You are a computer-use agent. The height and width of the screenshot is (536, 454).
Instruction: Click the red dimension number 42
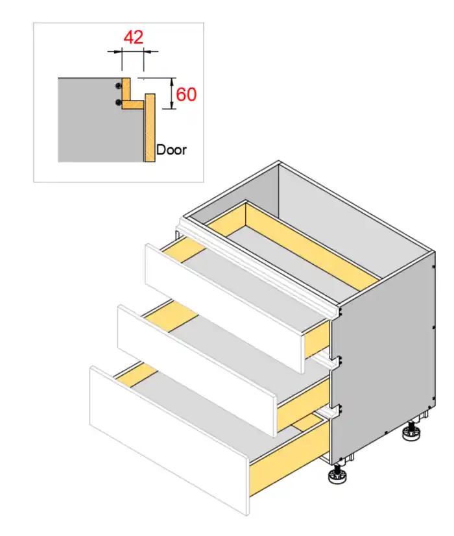[x=133, y=37]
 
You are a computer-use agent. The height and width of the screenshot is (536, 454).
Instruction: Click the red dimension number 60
[x=186, y=95]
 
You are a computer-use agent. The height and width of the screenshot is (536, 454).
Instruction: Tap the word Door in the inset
[x=171, y=150]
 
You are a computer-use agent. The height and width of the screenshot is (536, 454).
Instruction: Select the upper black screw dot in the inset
[x=119, y=86]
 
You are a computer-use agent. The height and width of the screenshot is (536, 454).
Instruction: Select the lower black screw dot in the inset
[x=119, y=103]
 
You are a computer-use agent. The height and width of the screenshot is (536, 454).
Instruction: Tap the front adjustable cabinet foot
[x=337, y=474]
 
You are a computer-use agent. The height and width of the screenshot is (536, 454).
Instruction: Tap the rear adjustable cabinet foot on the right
[x=411, y=432]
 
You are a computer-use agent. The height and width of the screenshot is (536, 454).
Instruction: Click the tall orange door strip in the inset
[x=150, y=127]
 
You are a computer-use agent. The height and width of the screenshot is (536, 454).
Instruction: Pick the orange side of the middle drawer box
[x=303, y=404]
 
